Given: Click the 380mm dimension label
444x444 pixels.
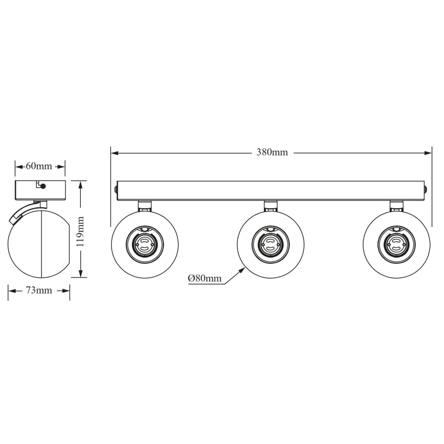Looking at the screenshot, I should pyautogui.click(x=272, y=152).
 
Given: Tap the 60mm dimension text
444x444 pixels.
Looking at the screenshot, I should pyautogui.click(x=39, y=166).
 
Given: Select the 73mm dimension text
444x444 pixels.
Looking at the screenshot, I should pyautogui.click(x=39, y=291).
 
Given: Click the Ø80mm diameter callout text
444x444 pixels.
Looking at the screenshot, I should pyautogui.click(x=205, y=278).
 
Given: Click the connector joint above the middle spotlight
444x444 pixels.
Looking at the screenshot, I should pyautogui.click(x=271, y=206).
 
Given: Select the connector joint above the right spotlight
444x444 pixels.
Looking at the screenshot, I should pyautogui.click(x=396, y=206).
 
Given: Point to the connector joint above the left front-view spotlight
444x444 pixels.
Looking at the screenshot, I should pyautogui.click(x=145, y=206).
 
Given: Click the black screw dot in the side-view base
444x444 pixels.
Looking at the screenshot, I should pyautogui.click(x=43, y=187).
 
